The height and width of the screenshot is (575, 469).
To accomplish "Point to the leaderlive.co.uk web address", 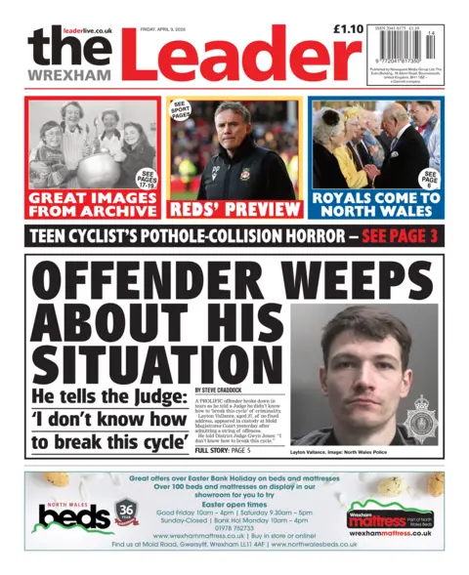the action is pyautogui.click(x=88, y=31).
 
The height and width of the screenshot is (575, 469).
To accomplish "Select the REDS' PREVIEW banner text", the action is pyautogui.click(x=234, y=209).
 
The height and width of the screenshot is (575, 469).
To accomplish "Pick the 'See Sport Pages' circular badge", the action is pyautogui.click(x=180, y=113).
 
